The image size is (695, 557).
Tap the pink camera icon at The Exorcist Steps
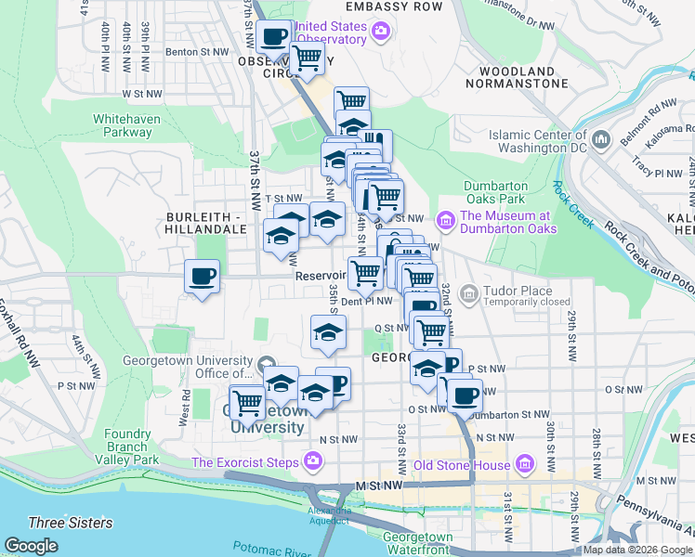pyautogui.click(x=313, y=461)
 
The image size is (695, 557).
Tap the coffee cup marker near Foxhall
pyautogui.click(x=203, y=277)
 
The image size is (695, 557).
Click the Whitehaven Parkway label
pyautogui.click(x=127, y=125)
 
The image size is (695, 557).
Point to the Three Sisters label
pyautogui.click(x=71, y=523)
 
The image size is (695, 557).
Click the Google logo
pyautogui.click(x=31, y=546)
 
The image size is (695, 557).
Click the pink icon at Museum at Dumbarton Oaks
pyautogui.click(x=446, y=220)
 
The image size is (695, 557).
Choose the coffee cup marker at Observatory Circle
pyautogui.click(x=273, y=38)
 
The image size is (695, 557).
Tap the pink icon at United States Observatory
pyautogui.click(x=380, y=33)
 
